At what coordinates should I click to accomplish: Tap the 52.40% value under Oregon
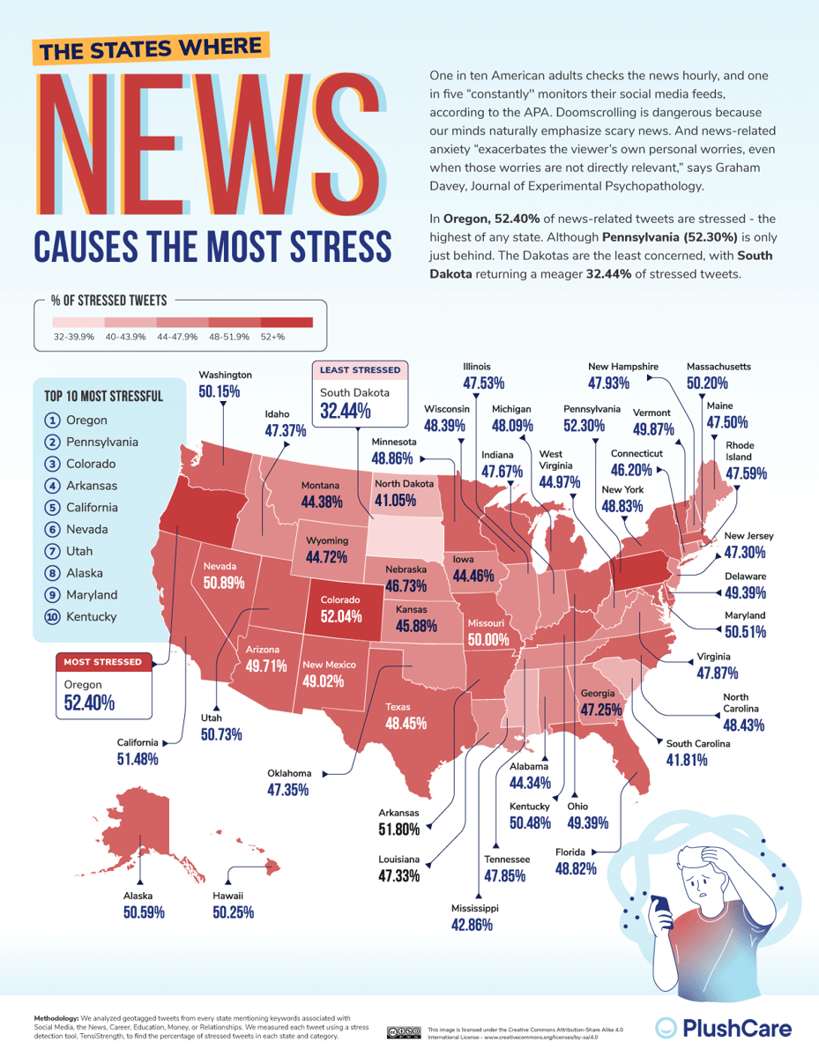click(88, 703)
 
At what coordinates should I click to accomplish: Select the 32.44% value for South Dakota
click(346, 411)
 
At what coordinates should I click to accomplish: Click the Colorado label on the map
click(339, 599)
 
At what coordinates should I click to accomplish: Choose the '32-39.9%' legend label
click(74, 337)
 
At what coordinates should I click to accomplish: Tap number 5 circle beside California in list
click(52, 508)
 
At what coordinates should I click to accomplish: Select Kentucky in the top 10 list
click(92, 617)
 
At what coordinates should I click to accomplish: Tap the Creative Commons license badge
click(402, 1032)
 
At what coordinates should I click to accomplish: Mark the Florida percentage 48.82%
click(576, 868)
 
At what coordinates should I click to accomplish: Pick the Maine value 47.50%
click(727, 422)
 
